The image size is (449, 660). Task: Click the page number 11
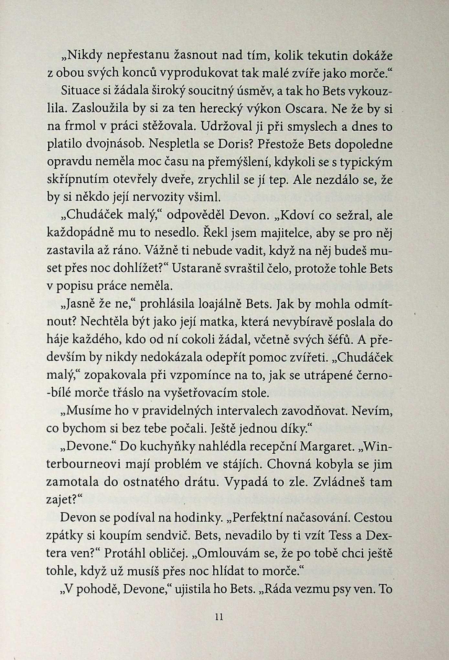click(x=219, y=617)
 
